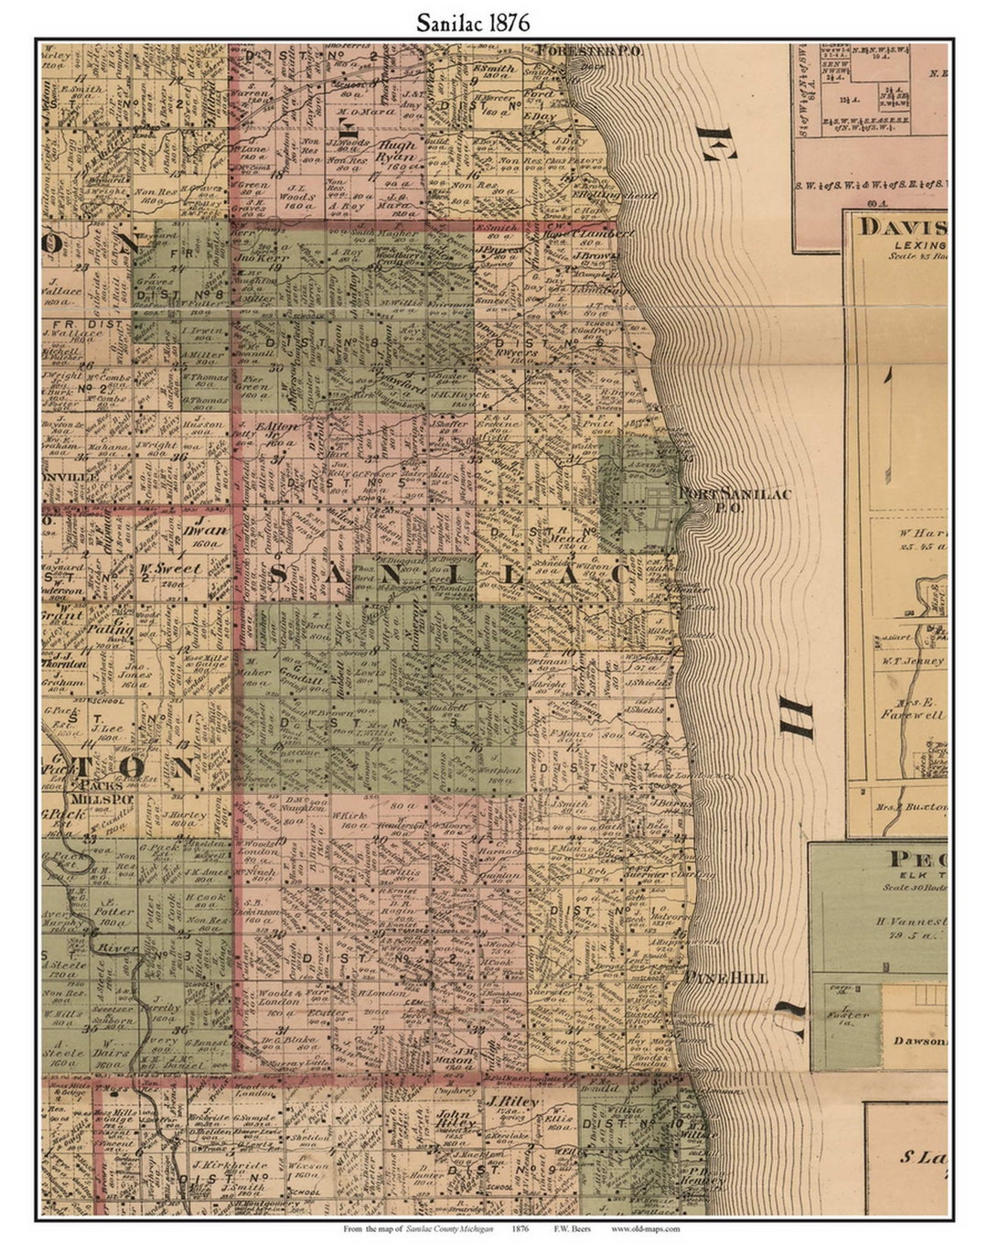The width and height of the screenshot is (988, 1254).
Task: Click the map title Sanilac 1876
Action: point(472,23)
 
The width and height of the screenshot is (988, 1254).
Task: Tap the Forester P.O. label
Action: point(589,51)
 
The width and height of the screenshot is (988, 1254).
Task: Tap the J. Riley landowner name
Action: point(515,1102)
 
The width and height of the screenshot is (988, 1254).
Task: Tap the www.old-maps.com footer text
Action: point(646,1229)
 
